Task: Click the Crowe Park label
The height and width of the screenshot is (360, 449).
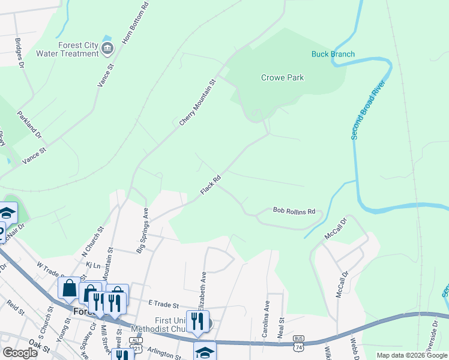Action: tap(282, 77)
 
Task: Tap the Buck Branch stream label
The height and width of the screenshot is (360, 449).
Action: tap(333, 54)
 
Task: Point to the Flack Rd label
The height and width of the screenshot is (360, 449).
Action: tap(211, 185)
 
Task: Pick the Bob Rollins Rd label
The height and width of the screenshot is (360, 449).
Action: tap(294, 211)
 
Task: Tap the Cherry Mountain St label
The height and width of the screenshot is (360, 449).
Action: tap(197, 103)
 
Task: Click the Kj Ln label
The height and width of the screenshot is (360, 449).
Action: tap(92, 264)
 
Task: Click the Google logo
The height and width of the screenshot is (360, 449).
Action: tap(19, 353)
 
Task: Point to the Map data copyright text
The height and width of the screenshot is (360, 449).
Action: tap(411, 355)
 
